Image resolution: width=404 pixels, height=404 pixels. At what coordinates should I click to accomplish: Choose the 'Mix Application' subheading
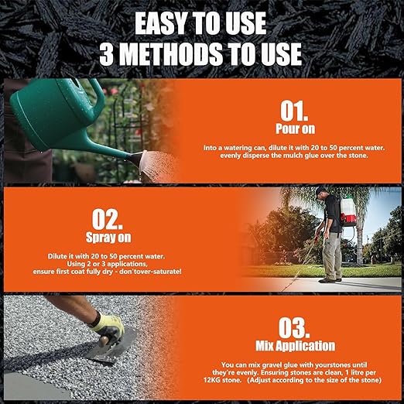click(284, 346)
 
